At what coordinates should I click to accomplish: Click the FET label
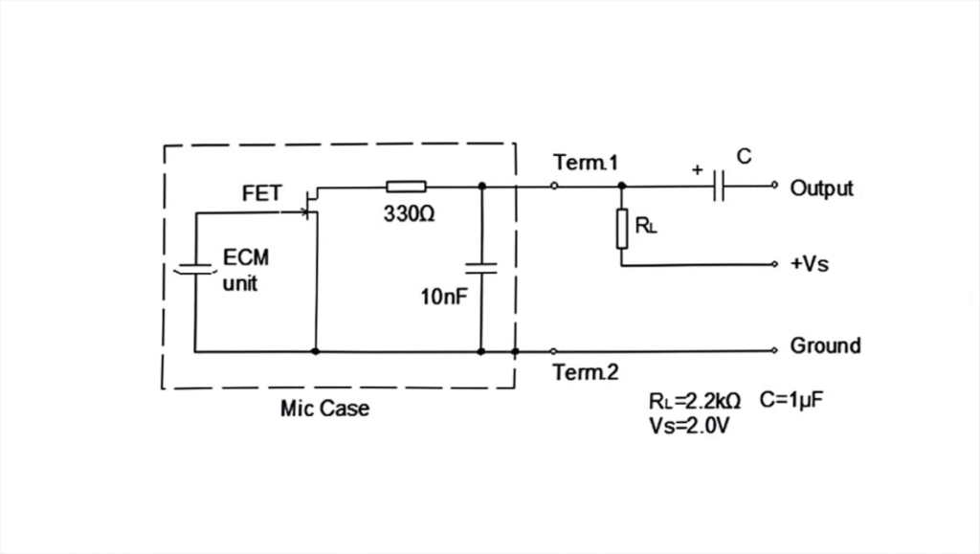click(x=262, y=193)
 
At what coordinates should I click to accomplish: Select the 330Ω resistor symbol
click(x=406, y=187)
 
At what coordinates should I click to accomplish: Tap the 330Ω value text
click(x=409, y=214)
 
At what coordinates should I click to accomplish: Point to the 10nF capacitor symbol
click(x=481, y=269)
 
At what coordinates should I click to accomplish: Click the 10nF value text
click(x=444, y=297)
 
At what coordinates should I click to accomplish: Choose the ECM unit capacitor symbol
click(x=195, y=270)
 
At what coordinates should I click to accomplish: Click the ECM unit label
click(x=246, y=271)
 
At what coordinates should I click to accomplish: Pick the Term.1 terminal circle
click(x=554, y=186)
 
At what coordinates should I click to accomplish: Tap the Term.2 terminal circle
click(x=554, y=352)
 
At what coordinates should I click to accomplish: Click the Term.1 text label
click(x=586, y=163)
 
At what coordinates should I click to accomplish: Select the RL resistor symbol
click(x=622, y=230)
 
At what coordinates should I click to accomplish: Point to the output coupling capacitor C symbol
click(x=719, y=186)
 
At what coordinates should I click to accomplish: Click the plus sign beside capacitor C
click(x=698, y=169)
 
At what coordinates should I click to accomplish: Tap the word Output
click(x=821, y=188)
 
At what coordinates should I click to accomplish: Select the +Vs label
click(x=810, y=263)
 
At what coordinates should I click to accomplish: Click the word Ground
click(x=825, y=345)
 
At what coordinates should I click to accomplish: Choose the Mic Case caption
click(x=324, y=409)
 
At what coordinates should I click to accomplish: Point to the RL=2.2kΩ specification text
click(x=695, y=400)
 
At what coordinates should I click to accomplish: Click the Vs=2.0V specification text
click(x=689, y=426)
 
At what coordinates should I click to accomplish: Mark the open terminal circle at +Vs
click(x=774, y=264)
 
